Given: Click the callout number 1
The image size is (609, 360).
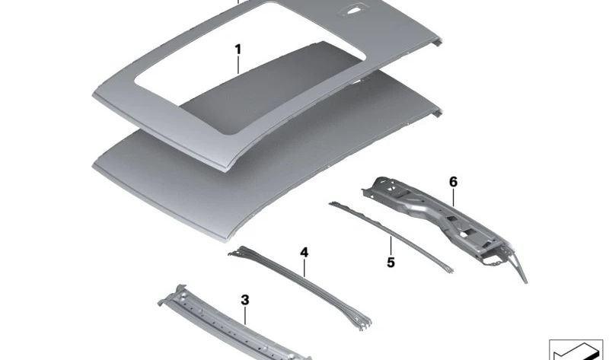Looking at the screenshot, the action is [x=238, y=49].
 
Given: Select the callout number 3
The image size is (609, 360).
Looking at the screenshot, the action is [x=244, y=300].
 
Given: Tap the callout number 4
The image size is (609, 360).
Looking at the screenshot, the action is [x=304, y=253].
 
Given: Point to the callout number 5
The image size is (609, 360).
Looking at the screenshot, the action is [x=391, y=263].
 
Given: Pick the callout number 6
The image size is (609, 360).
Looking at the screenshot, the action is [x=453, y=182].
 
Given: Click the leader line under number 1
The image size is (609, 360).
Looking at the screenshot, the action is [x=238, y=65].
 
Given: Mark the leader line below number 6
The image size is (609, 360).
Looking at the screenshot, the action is [x=453, y=197].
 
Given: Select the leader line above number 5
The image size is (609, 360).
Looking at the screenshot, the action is [x=391, y=244].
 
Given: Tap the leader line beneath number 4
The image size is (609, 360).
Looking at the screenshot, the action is [x=304, y=268].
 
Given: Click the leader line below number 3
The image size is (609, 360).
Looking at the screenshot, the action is [x=244, y=316].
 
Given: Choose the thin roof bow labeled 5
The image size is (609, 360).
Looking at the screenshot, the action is [x=391, y=236].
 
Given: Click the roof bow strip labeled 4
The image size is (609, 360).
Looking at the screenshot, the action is [x=299, y=288].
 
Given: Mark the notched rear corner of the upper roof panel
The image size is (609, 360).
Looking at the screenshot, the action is [x=437, y=42].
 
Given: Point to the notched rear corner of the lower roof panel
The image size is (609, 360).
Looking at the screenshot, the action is [x=437, y=113].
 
